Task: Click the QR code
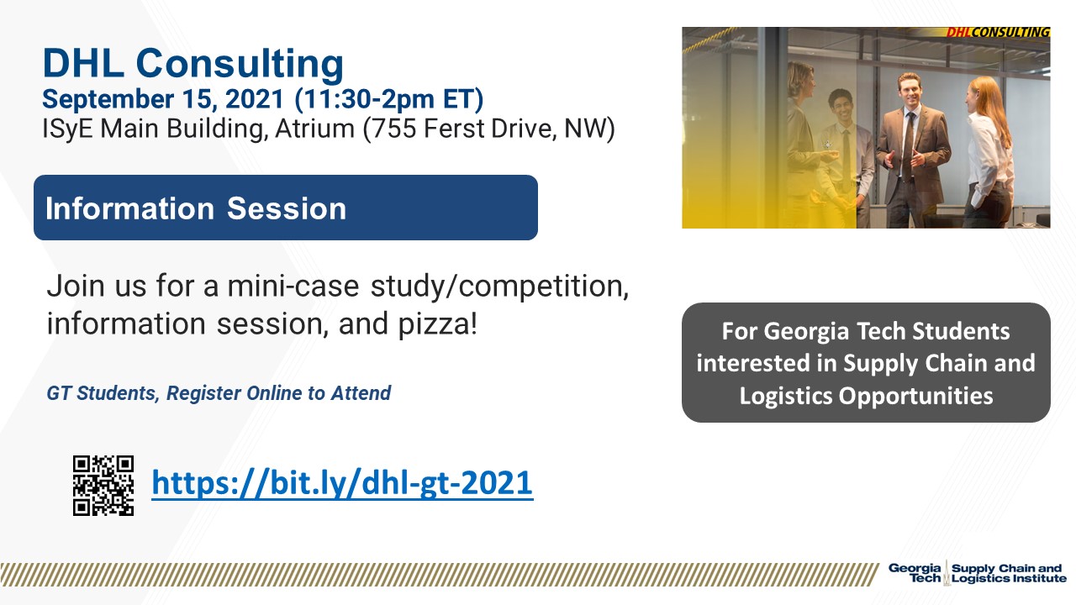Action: click(103, 486)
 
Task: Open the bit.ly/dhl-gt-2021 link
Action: click(342, 483)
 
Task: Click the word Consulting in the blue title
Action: click(240, 64)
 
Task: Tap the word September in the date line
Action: click(108, 99)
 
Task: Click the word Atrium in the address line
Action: click(314, 129)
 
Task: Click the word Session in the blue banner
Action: click(287, 208)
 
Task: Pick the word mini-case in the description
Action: click(293, 287)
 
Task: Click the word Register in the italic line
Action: click(203, 393)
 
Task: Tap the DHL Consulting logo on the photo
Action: click(998, 32)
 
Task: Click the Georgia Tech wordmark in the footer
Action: click(915, 573)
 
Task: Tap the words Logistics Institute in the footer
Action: click(1009, 579)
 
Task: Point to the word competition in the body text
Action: click(543, 287)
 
